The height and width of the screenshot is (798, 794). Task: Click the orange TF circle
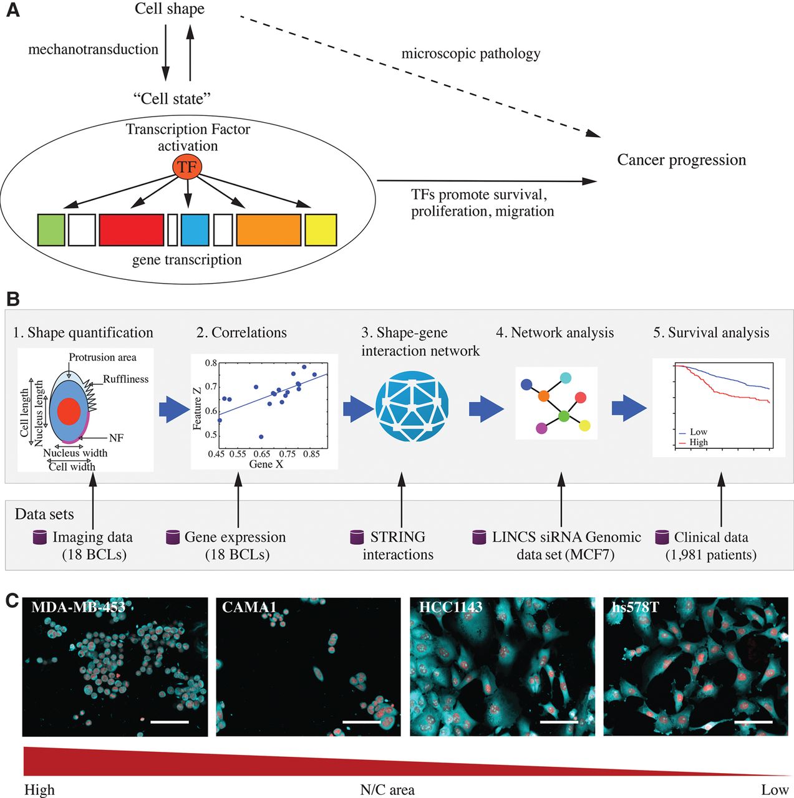(186, 166)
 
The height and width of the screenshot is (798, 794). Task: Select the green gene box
(51, 229)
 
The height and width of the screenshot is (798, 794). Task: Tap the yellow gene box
(321, 229)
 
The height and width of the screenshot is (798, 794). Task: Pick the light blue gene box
(195, 229)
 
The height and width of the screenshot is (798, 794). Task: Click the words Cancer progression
(681, 160)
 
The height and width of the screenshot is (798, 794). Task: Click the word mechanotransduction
(93, 49)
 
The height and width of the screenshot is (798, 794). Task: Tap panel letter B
(12, 299)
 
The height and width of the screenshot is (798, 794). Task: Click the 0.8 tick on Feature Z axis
(211, 363)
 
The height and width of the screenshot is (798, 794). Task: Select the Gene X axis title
(266, 464)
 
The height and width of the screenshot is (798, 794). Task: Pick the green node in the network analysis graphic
(564, 416)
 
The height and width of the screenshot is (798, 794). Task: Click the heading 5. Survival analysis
(711, 333)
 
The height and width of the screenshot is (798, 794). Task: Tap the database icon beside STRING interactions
(357, 537)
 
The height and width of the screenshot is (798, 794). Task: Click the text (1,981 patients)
(710, 555)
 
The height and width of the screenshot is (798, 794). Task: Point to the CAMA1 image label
(249, 607)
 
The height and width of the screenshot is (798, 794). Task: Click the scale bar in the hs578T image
(753, 722)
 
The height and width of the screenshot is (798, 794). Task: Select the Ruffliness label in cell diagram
(125, 379)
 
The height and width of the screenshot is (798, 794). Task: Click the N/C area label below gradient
(387, 790)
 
